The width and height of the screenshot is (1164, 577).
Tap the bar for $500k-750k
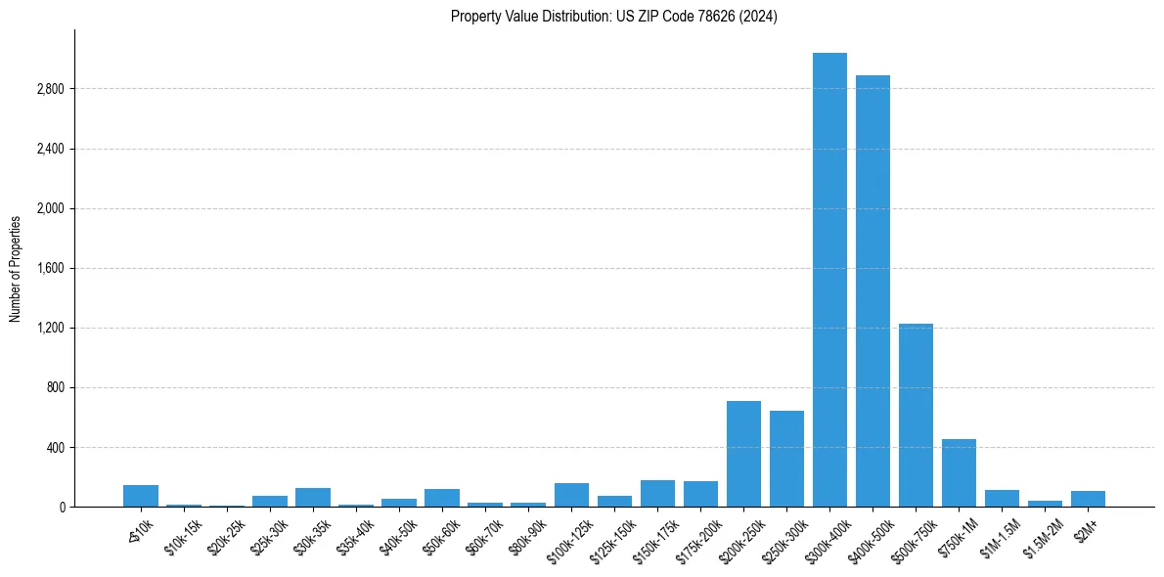tap(916, 415)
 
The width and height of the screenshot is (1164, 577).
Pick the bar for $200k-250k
tap(743, 454)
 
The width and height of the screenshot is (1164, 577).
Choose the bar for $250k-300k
tap(786, 459)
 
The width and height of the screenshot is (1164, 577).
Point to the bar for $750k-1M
tap(959, 473)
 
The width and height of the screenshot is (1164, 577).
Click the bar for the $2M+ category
tap(1088, 499)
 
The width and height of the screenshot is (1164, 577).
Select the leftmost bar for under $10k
tap(141, 496)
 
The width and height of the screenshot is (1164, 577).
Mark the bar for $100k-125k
tap(571, 495)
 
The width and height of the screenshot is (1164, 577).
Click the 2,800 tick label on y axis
tap(50, 89)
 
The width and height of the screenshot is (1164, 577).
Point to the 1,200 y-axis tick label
tap(50, 328)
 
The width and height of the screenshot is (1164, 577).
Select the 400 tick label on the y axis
tap(56, 448)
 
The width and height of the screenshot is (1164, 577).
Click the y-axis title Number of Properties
tap(16, 268)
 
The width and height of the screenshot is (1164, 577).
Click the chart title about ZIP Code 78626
tap(613, 17)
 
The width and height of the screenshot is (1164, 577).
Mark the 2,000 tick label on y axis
tap(50, 208)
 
